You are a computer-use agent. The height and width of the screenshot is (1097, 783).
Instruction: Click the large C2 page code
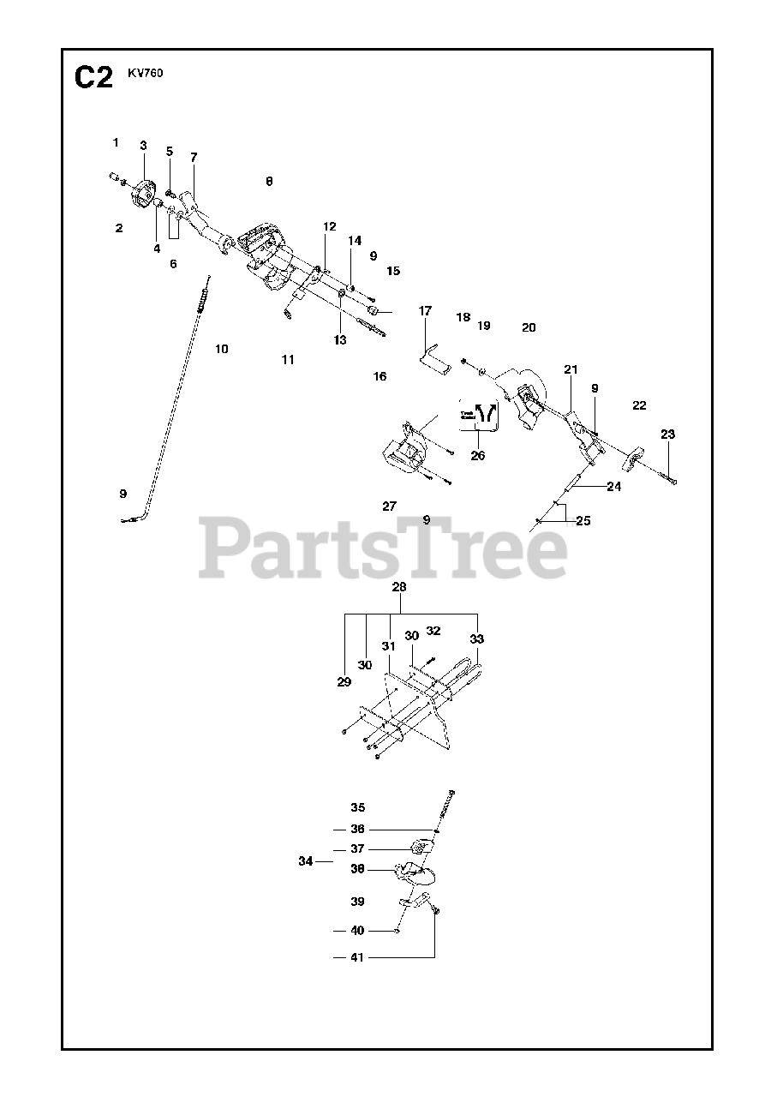click(x=93, y=79)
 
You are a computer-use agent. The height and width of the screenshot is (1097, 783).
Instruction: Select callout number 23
click(x=667, y=435)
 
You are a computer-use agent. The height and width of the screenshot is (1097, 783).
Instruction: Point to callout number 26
click(x=478, y=455)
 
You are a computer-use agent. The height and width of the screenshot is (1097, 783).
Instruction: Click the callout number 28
click(x=399, y=587)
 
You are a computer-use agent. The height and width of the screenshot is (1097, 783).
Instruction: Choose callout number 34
click(x=306, y=861)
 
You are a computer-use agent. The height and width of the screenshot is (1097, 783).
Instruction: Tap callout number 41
click(x=357, y=957)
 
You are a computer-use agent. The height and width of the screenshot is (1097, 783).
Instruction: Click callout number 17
click(x=426, y=311)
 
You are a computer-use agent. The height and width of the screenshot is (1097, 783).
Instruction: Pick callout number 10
click(x=222, y=349)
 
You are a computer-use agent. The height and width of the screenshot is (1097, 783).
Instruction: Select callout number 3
click(x=143, y=146)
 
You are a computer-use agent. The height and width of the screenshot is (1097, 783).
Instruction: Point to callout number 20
click(x=529, y=327)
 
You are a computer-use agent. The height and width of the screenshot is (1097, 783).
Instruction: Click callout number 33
click(x=477, y=638)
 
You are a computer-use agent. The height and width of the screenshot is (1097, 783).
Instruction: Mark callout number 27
click(x=390, y=506)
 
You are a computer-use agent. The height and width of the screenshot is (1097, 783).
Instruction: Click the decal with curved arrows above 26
click(x=479, y=415)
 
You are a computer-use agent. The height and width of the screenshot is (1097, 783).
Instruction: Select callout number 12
click(x=330, y=226)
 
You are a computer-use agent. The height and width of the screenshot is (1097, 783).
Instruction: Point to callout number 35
click(x=357, y=807)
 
